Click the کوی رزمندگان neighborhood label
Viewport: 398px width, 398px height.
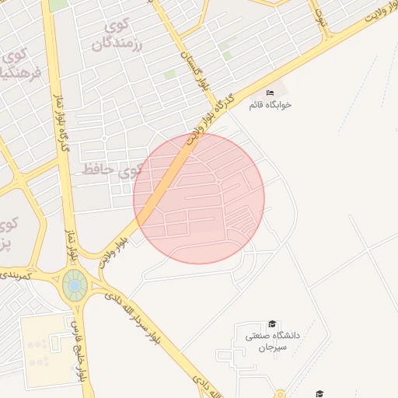click(x=124, y=35)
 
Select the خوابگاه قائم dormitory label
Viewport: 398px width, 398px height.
click(x=270, y=104)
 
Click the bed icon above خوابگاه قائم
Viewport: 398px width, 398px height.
click(x=270, y=93)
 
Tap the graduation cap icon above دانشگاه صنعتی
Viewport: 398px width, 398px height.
click(x=272, y=323)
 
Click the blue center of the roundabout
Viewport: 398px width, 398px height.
click(x=75, y=286)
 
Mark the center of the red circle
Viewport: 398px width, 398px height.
click(x=199, y=198)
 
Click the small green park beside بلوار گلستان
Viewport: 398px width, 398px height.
click(x=169, y=75)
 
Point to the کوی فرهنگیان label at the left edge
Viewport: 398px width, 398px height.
click(x=14, y=65)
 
